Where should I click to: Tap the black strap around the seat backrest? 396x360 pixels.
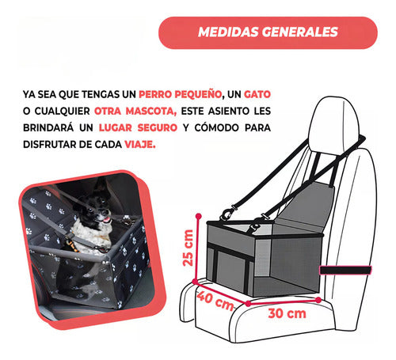point(346,271)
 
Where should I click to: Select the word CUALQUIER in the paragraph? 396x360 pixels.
point(59,109)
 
